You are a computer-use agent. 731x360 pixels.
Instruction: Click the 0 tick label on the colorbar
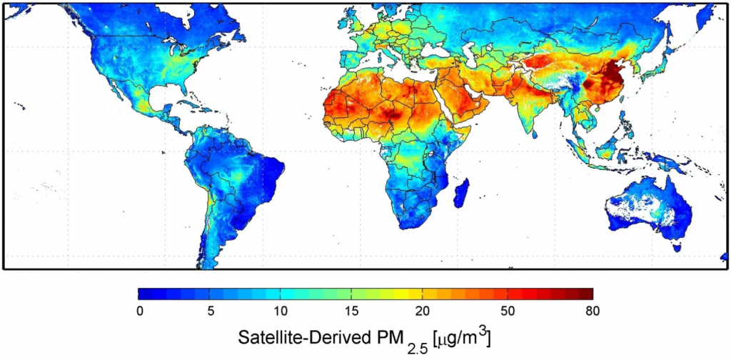click(139, 310)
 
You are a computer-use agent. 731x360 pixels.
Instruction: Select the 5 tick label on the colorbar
click(209, 310)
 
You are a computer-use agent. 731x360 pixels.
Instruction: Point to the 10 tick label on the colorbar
click(280, 310)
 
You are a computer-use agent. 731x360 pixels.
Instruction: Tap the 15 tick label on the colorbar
click(351, 310)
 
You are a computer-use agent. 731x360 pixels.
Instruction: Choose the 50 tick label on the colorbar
click(507, 310)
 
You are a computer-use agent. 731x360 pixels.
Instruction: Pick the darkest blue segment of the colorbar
click(143, 293)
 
